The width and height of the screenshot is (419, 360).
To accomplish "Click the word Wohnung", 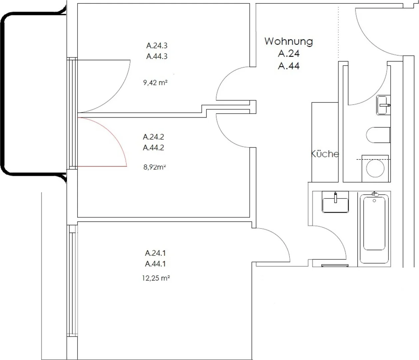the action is click(289, 42).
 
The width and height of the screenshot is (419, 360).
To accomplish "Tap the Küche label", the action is click(325, 154).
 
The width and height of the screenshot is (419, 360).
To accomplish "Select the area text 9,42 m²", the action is click(155, 83).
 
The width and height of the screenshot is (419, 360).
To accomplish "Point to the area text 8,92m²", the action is click(155, 167).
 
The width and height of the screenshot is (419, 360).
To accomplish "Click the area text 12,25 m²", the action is click(156, 278).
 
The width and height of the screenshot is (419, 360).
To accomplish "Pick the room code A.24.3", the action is click(157, 46).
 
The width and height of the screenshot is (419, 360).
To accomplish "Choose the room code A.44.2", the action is click(154, 148).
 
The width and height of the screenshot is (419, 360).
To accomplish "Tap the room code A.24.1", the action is click(156, 253).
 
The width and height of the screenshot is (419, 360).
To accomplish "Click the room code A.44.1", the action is click(156, 264).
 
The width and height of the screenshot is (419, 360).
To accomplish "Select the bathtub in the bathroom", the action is click(374, 229).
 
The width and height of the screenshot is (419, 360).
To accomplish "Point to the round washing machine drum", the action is click(375, 168).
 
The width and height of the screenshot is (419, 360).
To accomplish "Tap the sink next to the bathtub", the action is click(335, 202).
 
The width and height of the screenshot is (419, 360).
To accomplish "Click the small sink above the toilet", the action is click(383, 105).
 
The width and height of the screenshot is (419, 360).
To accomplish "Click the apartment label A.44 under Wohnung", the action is click(289, 66).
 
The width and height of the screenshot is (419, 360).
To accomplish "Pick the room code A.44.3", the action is click(157, 56).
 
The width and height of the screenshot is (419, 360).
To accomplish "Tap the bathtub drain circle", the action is click(374, 201).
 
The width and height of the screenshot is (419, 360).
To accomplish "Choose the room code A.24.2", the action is click(154, 137).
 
